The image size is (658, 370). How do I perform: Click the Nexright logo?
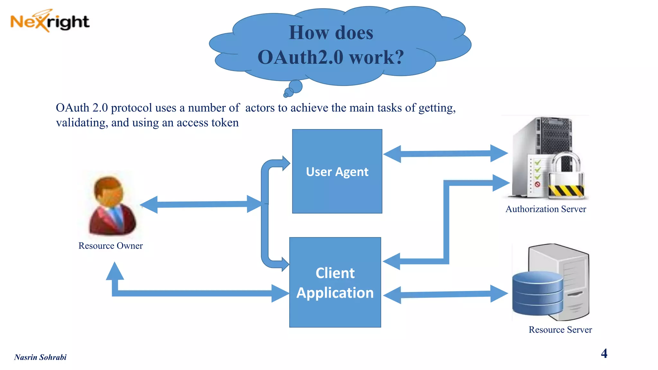click(x=50, y=21)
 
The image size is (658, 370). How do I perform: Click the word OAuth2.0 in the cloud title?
click(x=301, y=57)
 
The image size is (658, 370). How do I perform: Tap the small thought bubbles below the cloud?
click(x=293, y=89)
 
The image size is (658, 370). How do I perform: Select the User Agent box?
click(x=337, y=171)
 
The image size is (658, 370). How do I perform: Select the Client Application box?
click(x=335, y=282)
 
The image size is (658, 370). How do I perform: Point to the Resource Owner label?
click(x=111, y=246)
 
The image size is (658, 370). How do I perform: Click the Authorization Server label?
click(x=546, y=209)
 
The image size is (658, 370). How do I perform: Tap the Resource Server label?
click(x=560, y=330)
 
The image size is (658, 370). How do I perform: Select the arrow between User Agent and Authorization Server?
click(x=445, y=154)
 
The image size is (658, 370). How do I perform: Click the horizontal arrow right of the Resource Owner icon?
click(x=201, y=204)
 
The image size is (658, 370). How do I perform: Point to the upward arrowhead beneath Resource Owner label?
click(x=115, y=271)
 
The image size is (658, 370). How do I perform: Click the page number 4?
click(x=604, y=353)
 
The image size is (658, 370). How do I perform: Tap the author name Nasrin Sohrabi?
click(x=40, y=357)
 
